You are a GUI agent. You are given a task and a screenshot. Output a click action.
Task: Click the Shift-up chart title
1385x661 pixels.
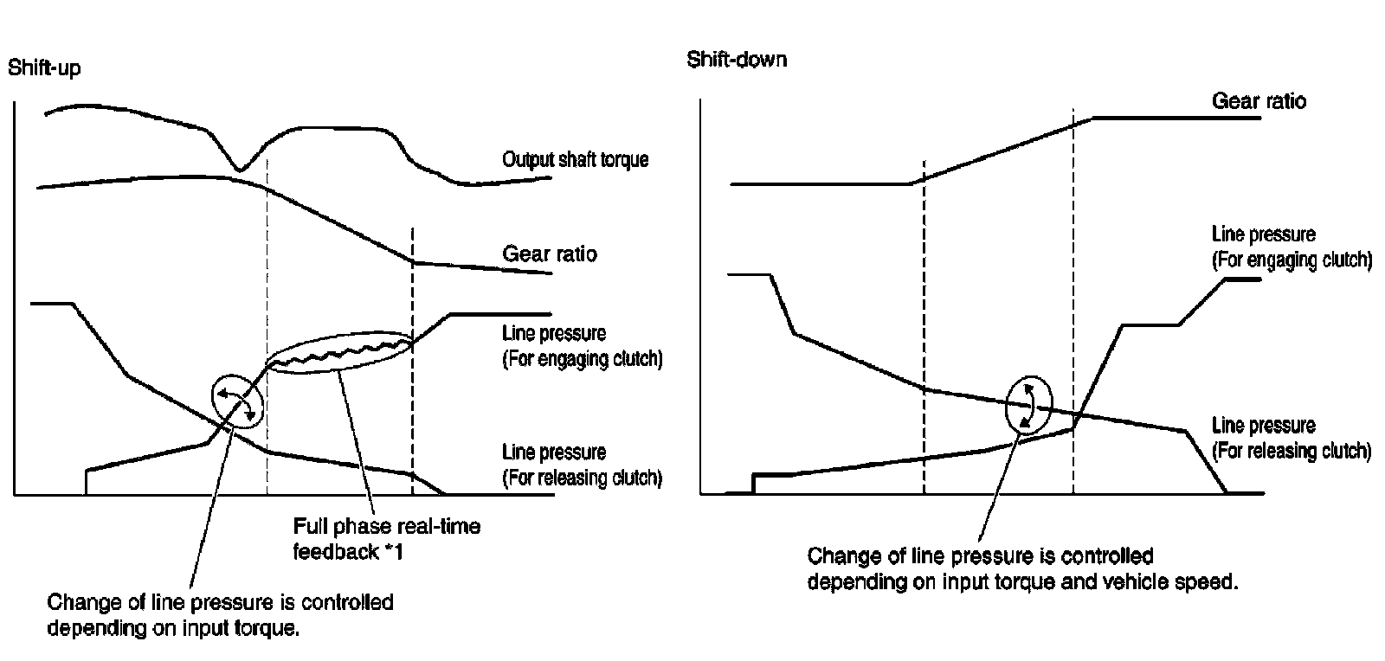(44, 67)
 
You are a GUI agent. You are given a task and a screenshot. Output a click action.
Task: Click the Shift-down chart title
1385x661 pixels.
(737, 60)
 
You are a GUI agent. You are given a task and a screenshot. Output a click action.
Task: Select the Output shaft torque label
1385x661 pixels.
(575, 160)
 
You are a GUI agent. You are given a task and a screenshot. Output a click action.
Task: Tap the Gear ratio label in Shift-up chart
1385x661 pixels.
(550, 254)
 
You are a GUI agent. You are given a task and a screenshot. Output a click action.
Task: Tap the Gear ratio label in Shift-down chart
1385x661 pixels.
(1259, 101)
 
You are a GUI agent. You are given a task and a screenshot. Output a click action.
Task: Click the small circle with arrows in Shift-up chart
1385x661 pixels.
(236, 401)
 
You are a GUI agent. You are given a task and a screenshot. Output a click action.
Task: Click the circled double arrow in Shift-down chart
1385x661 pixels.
(1028, 404)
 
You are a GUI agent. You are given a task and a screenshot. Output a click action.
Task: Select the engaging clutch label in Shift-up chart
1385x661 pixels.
(582, 346)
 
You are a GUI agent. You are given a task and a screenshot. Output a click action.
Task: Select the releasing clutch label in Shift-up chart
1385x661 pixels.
(582, 465)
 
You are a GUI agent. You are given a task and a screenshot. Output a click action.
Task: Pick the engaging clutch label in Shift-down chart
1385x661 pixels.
(1292, 247)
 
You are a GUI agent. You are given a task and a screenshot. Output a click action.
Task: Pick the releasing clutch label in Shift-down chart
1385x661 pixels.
(1291, 438)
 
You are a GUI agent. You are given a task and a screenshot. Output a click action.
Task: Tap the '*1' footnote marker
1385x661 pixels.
(393, 551)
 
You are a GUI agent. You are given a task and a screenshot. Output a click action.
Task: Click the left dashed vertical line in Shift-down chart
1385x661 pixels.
(924, 329)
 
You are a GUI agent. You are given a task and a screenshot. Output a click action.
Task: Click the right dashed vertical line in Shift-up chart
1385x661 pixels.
(413, 363)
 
